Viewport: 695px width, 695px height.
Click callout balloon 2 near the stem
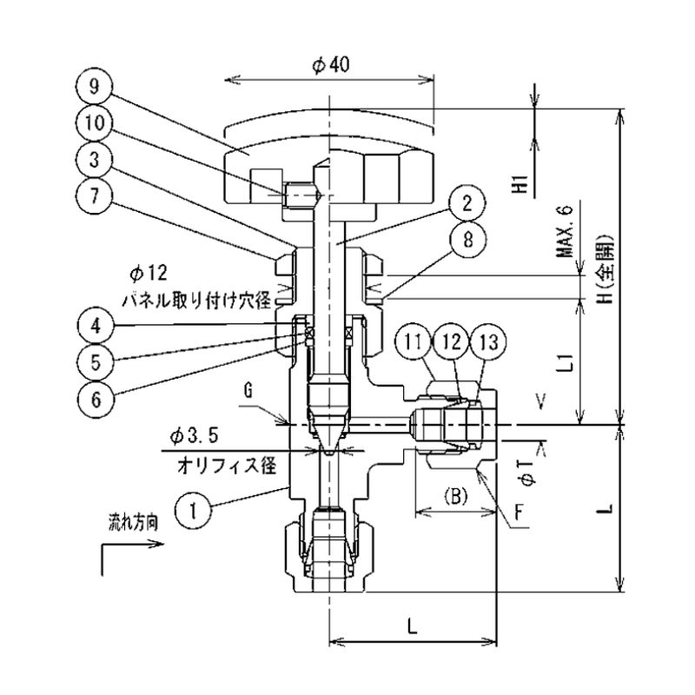[467, 205]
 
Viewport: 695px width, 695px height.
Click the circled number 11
[415, 342]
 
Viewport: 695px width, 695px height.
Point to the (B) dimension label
[456, 498]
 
